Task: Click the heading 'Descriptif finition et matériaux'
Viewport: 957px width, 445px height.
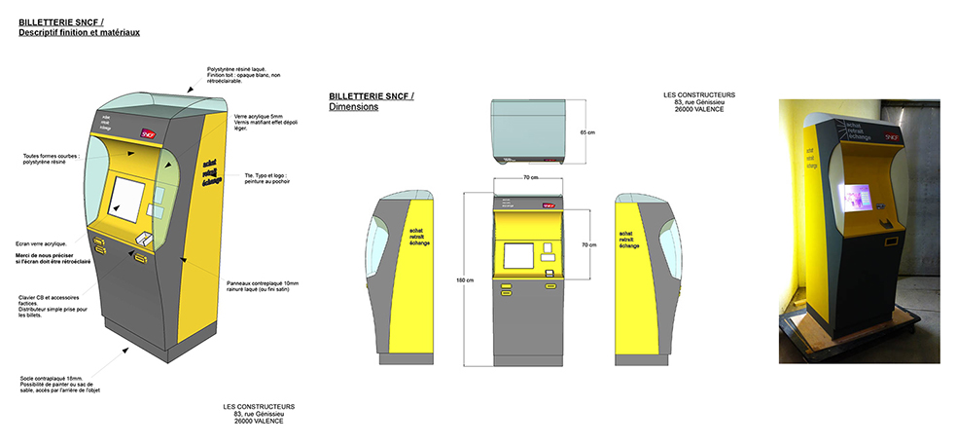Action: pos(79,33)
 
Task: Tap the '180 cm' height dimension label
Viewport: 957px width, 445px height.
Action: pos(464,280)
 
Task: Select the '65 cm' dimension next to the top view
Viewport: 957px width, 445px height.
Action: pos(586,131)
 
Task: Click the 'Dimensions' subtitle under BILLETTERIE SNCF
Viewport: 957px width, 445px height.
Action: pos(353,107)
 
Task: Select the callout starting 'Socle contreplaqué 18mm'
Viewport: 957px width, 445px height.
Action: pos(59,384)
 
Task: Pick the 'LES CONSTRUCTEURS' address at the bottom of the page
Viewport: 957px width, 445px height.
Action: pos(251,413)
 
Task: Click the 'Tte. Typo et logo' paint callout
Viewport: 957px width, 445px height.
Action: pos(266,179)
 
